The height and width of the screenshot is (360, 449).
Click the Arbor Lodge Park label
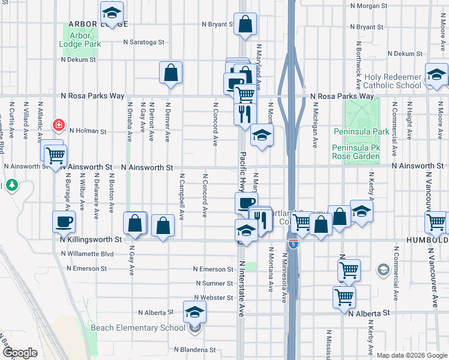(80, 39)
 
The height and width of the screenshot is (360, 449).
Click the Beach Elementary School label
(137, 328)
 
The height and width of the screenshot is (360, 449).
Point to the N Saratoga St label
(143, 42)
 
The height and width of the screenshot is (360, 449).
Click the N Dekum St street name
(78, 59)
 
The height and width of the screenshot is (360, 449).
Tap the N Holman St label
(88, 130)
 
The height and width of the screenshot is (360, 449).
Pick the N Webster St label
(212, 298)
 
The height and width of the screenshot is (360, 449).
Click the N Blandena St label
(194, 349)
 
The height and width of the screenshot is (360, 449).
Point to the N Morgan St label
(378, 5)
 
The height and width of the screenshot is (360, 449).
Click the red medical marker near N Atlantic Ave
(59, 125)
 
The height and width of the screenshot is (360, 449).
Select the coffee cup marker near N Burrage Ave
(64, 222)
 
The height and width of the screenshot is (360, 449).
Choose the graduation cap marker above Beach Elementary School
(194, 311)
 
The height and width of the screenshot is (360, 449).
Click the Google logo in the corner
(20, 353)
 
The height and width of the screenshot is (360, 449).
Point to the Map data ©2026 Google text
(411, 355)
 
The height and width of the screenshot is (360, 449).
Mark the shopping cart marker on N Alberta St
(344, 296)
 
